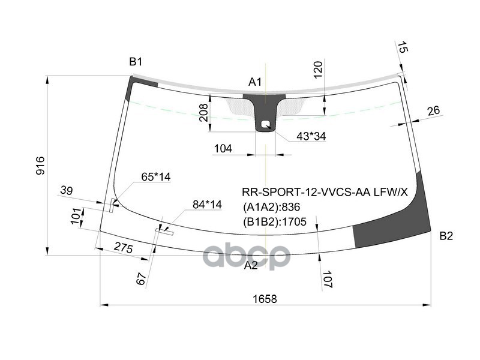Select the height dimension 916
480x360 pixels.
[x=40, y=166]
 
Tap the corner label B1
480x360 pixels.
[x=136, y=61]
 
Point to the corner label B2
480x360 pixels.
[x=446, y=236]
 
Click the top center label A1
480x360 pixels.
[x=255, y=82]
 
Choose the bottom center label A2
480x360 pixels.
[x=251, y=265]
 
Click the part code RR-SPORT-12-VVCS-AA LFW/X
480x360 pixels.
[x=325, y=193]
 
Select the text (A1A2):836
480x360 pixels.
[x=271, y=208]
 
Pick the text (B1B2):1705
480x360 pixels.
[x=274, y=222]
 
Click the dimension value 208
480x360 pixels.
[x=203, y=112]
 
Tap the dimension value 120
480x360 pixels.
[x=319, y=70]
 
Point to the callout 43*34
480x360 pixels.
[x=311, y=137]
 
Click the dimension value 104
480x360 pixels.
[x=223, y=148]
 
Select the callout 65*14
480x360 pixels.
[x=156, y=177]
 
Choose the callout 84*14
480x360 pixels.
[x=207, y=205]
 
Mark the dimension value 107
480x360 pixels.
[x=327, y=280]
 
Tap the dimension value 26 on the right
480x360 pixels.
[x=433, y=110]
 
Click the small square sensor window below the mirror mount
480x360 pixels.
[x=265, y=125]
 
